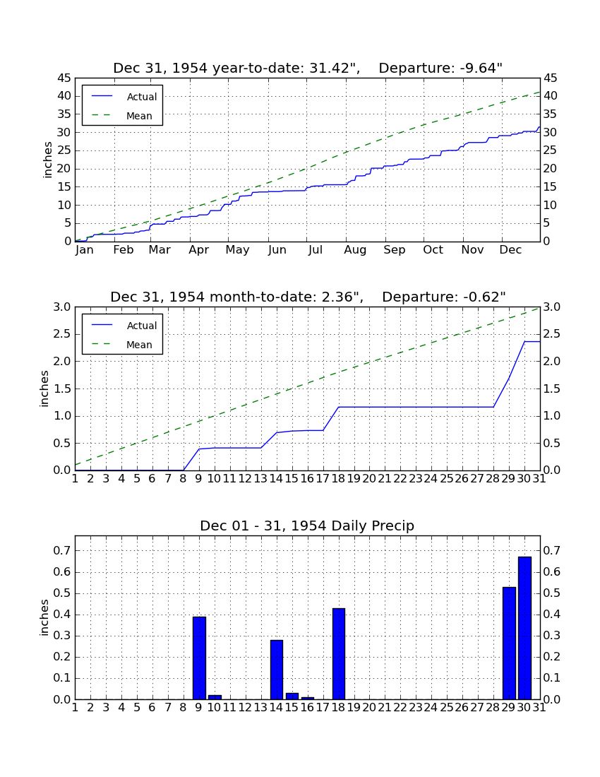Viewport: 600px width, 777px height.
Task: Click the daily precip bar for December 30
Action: click(524, 628)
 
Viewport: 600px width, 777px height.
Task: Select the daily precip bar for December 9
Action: click(199, 658)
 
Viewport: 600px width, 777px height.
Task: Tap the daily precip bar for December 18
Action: click(339, 653)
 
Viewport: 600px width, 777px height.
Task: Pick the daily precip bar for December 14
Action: click(277, 670)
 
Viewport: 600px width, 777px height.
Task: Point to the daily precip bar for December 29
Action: click(509, 643)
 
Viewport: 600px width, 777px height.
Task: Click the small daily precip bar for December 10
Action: click(215, 697)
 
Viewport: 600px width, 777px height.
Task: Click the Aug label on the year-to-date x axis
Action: click(355, 250)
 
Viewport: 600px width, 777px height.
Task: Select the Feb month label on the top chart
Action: click(124, 250)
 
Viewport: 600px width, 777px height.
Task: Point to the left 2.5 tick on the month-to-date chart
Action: click(63, 334)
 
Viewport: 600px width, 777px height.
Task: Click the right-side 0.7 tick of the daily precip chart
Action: click(552, 550)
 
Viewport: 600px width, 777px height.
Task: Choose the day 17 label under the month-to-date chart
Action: click(323, 479)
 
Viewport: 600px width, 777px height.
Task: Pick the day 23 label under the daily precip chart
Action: click(416, 708)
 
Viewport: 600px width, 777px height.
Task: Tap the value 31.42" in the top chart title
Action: click(335, 68)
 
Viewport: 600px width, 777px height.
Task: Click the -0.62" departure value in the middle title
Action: click(485, 297)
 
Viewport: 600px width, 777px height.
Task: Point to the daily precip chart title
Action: click(307, 526)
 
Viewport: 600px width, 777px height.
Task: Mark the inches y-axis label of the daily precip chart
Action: click(44, 617)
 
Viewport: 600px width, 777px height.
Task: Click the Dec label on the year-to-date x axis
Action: click(510, 250)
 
